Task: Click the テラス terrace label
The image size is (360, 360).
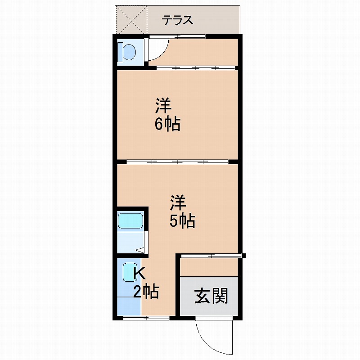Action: tap(177, 20)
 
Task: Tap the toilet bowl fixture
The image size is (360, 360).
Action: tap(129, 52)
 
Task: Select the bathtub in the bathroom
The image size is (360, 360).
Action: tap(130, 221)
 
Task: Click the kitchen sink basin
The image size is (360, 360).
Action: tap(130, 272)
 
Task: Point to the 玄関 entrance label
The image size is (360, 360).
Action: tap(211, 296)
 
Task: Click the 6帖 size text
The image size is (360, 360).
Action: tap(167, 124)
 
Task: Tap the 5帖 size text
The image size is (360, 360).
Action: tap(183, 221)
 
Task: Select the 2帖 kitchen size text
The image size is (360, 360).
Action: tap(146, 292)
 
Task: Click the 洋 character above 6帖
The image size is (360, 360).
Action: tap(163, 106)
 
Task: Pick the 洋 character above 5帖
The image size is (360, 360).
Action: tap(178, 202)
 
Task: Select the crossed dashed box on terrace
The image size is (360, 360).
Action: tap(131, 20)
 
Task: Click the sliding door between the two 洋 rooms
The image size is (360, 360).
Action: tap(177, 162)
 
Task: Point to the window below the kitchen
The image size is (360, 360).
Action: tap(146, 318)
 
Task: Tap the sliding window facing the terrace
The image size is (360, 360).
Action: tap(177, 36)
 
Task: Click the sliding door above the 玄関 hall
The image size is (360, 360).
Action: tap(211, 255)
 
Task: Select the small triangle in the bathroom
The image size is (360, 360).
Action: tap(140, 251)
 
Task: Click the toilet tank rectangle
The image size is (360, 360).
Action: tap(120, 52)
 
